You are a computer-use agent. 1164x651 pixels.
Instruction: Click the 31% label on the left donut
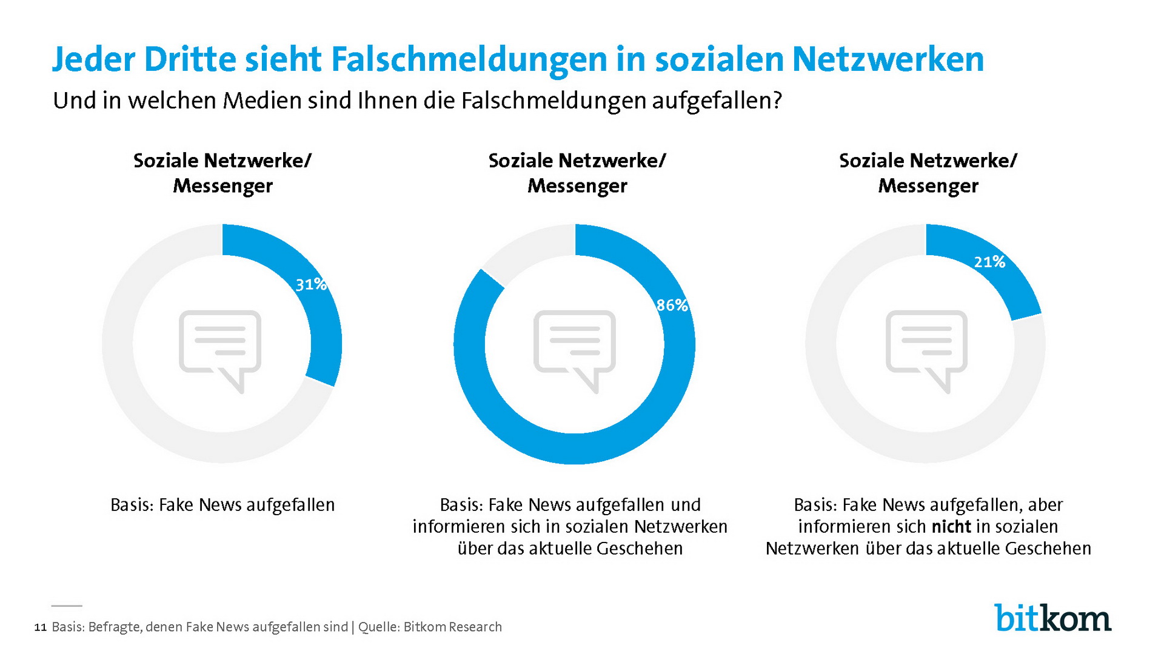310,284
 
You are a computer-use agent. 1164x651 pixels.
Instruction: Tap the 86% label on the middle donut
672,305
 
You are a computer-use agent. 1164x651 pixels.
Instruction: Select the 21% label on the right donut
989,262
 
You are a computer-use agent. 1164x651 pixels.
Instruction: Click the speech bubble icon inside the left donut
220,349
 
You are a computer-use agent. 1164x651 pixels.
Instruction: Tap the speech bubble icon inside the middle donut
574,349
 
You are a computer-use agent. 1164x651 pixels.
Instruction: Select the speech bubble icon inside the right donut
926,349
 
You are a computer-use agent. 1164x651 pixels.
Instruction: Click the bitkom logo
1052,618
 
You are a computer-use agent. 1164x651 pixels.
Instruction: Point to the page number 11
40,627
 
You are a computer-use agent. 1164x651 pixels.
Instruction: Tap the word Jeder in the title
93,59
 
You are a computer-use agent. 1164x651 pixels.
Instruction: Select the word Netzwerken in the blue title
888,59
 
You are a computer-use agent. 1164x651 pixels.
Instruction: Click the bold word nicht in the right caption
951,526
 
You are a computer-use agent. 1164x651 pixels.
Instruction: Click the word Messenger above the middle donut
577,185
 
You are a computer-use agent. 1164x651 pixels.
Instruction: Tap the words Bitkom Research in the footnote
452,627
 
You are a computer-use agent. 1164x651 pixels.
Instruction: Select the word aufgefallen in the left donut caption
291,505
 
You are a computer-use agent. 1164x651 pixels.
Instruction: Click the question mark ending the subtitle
777,101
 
